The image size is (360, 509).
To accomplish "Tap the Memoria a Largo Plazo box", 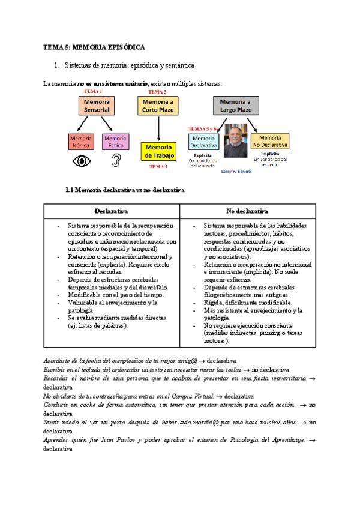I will tap(236, 106).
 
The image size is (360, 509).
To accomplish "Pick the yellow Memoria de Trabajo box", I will tap(158, 152).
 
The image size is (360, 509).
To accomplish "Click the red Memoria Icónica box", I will tap(81, 142).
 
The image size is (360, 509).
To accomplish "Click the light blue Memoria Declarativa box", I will tap(204, 142).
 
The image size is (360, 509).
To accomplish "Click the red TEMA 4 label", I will tap(157, 166).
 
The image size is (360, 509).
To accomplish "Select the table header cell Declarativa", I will tap(112, 211).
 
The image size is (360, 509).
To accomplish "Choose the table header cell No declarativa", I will tap(247, 211).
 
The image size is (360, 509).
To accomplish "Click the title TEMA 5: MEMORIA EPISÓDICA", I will tap(94, 46).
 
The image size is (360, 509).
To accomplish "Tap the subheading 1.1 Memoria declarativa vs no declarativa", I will tap(124, 190).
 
